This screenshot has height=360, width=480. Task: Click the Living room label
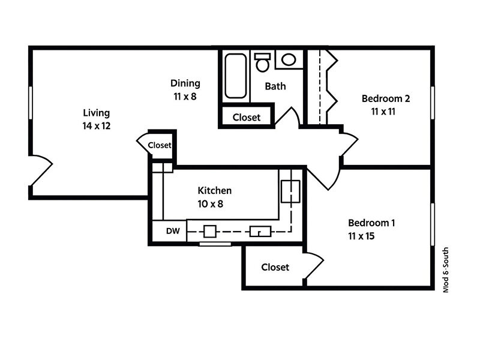click(x=96, y=119)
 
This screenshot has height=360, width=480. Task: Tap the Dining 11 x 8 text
click(x=185, y=89)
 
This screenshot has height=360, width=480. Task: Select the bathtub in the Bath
click(x=235, y=76)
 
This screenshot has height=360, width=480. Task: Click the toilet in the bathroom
click(x=262, y=61)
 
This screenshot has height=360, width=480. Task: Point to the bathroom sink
click(x=289, y=59)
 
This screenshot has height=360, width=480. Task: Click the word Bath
click(x=275, y=86)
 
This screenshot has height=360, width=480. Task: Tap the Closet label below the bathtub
click(x=246, y=117)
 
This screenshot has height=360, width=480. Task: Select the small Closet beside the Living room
click(x=160, y=145)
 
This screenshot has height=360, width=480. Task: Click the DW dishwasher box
click(x=173, y=230)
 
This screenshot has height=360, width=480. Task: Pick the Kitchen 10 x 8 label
click(x=214, y=197)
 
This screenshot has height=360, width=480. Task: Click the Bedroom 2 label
click(x=386, y=104)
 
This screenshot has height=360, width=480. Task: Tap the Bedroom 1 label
click(x=371, y=229)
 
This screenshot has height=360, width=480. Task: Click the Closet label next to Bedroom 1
click(x=275, y=267)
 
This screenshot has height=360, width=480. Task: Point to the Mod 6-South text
click(x=445, y=269)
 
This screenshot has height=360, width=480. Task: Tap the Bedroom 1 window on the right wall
click(x=432, y=224)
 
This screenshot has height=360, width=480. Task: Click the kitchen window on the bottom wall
click(x=215, y=244)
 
